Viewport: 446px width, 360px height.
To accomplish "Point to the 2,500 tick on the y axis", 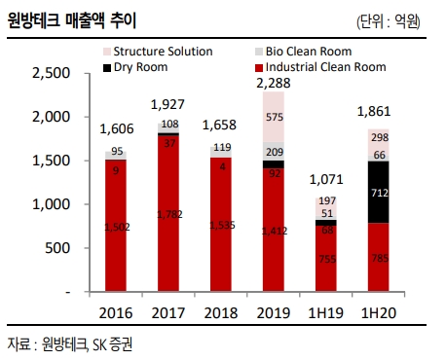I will point(51,73).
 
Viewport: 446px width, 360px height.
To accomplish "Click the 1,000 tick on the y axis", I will point(51,204).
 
